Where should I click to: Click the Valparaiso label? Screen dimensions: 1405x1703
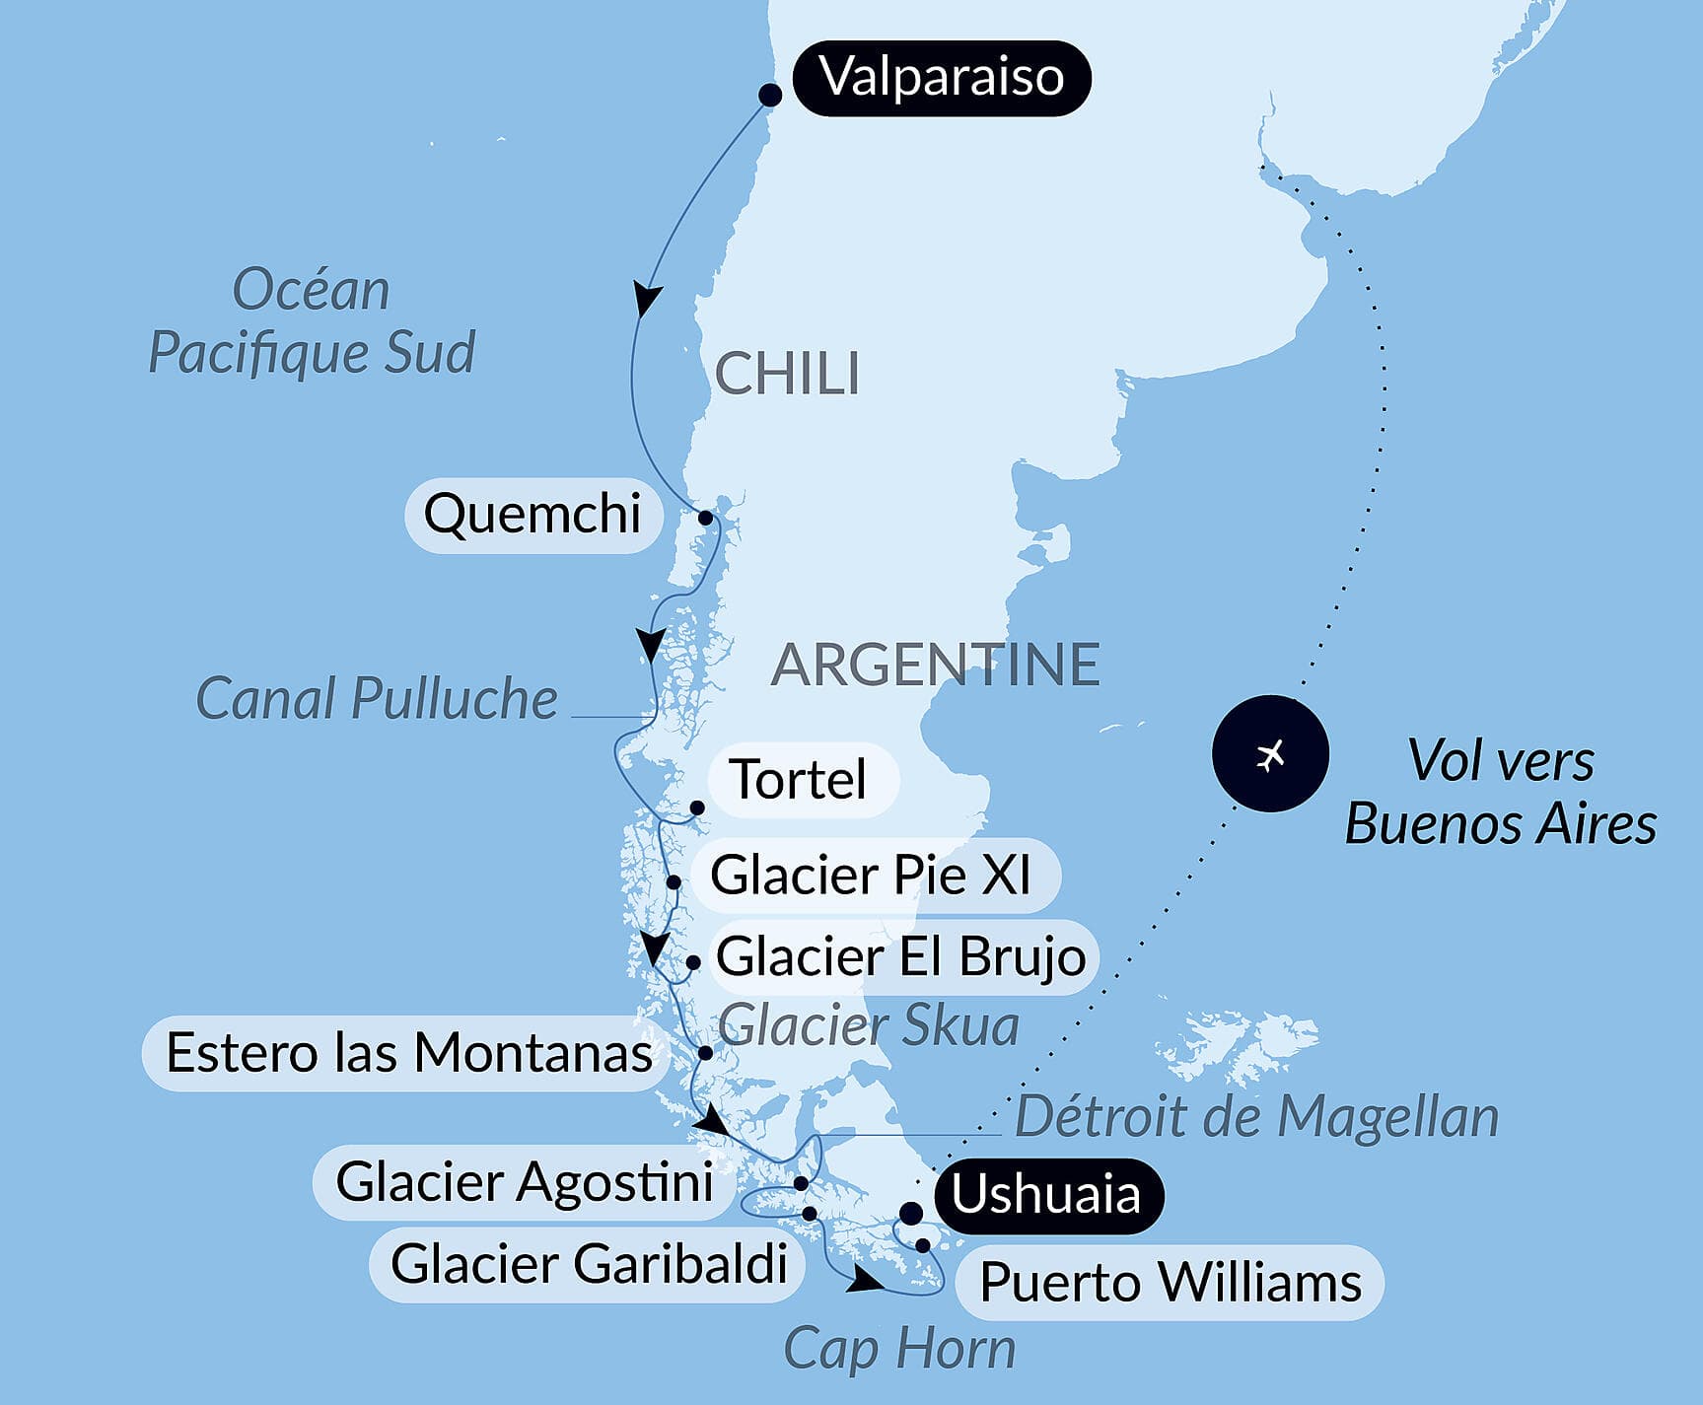tap(942, 78)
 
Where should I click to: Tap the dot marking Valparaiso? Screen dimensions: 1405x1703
tap(770, 95)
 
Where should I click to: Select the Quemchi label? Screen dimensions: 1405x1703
tap(532, 515)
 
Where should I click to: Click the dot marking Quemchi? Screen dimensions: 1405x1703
tap(705, 518)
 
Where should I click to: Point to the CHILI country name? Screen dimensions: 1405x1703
tap(787, 375)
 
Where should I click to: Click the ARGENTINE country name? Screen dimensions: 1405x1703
tap(935, 665)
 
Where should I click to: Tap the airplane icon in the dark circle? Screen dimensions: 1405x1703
tap(1270, 754)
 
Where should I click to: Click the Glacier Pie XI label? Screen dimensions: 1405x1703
tap(872, 876)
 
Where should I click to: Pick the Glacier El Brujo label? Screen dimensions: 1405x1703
tap(901, 956)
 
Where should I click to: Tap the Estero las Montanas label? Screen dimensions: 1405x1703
tap(408, 1053)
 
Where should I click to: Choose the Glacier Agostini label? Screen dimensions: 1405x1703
tap(525, 1182)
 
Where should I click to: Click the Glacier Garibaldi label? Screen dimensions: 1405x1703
tap(589, 1264)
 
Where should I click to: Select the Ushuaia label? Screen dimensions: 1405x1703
tap(1046, 1195)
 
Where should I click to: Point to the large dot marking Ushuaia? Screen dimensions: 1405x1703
tap(911, 1213)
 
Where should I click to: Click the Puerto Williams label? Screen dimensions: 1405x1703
tap(1171, 1283)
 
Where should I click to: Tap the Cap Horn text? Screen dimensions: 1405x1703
tap(899, 1348)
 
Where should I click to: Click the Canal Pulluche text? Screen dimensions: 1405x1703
tap(377, 699)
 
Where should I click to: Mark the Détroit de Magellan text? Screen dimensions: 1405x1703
tap(1256, 1117)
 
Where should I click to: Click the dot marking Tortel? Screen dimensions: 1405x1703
tap(696, 808)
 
